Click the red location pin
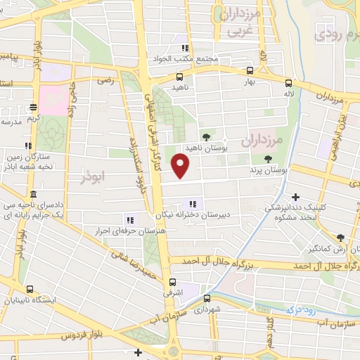181,166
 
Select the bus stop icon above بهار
250,71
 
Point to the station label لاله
288,93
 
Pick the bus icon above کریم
33,108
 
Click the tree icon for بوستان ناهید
206,137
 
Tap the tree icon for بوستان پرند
268,160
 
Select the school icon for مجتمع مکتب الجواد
185,49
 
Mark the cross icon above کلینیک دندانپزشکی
296,197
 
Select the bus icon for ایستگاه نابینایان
30,289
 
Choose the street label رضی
105,81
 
